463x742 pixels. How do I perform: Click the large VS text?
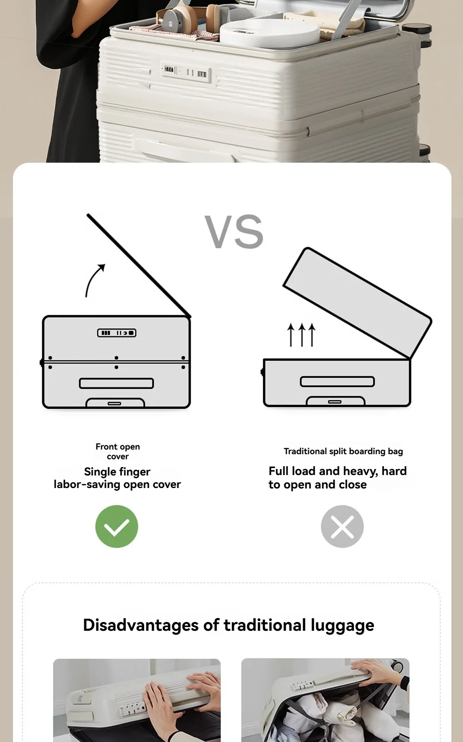coord(234,232)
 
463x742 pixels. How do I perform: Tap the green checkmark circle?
coord(117,526)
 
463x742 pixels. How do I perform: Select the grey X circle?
coord(342,526)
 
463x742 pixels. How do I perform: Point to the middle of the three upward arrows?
coord(301,335)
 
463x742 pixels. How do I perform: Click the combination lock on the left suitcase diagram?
coord(117,333)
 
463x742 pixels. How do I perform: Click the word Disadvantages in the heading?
coord(141,625)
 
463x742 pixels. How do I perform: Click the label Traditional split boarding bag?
coord(343,451)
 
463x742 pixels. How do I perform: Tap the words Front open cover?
coord(118,451)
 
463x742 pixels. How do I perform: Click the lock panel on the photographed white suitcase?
coord(186,71)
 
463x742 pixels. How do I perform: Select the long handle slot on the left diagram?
coord(117,383)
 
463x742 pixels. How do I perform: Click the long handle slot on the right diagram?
coord(337,381)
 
